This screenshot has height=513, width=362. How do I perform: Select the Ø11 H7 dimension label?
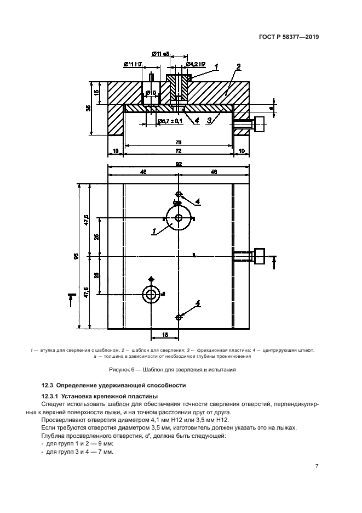coord(133,65)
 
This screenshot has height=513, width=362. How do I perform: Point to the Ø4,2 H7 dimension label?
coord(196,65)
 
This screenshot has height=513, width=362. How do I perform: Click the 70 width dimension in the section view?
coord(179,142)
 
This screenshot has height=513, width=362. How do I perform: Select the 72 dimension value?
coord(179,150)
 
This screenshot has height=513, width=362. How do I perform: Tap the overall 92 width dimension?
coord(179,163)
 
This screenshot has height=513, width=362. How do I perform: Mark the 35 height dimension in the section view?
coord(88,108)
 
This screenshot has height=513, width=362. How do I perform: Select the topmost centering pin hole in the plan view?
coord(179,194)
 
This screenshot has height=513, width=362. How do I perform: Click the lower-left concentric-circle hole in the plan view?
coord(151,294)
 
